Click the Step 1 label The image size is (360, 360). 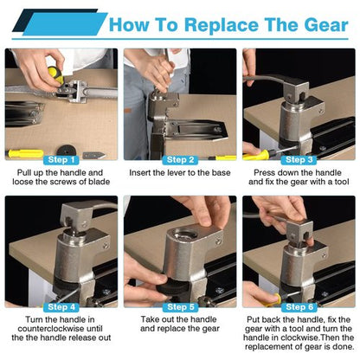(61, 160)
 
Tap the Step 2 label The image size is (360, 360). (180, 160)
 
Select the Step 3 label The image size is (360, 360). (299, 160)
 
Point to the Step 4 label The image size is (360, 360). (61, 307)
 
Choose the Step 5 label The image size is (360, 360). (180, 307)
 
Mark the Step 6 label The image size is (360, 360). (299, 307)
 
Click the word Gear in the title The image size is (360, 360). (326, 24)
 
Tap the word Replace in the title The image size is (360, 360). (222, 25)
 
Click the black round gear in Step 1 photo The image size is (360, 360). (66, 151)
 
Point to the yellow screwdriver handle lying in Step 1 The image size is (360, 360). (25, 153)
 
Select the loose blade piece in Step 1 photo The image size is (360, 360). (93, 156)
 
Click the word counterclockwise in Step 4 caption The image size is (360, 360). (60, 329)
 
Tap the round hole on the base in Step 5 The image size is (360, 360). (184, 233)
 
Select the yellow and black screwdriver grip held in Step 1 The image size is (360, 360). (55, 74)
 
